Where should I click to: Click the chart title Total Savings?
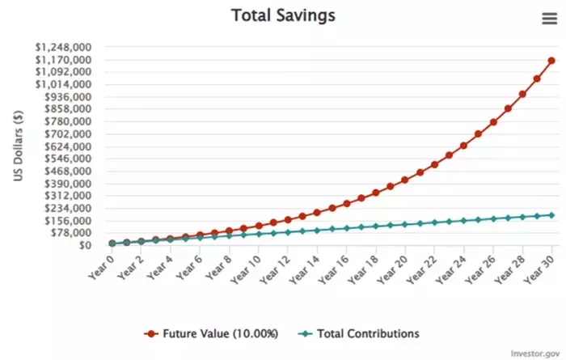(283, 15)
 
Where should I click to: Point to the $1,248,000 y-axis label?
(62, 47)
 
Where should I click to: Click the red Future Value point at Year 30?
(551, 61)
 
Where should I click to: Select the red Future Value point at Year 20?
(405, 180)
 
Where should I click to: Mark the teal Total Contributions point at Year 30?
(551, 214)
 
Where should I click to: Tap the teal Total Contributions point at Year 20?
(405, 224)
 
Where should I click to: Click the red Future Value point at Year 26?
(493, 122)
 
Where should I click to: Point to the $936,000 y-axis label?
(66, 97)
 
